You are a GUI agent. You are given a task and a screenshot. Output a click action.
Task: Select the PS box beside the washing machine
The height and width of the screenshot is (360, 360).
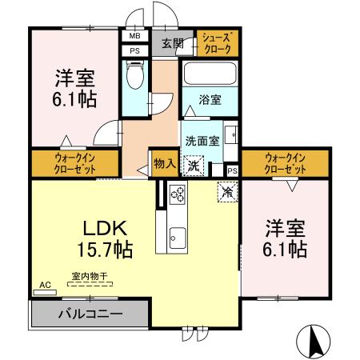pyautogui.click(x=231, y=170)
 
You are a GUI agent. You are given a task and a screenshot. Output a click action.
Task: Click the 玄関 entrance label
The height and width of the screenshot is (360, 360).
pyautogui.click(x=170, y=43)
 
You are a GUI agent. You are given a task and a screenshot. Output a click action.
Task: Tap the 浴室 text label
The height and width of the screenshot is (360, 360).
pyautogui.click(x=210, y=101)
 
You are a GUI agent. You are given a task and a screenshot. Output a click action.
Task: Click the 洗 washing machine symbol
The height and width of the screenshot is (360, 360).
pyautogui.click(x=194, y=166)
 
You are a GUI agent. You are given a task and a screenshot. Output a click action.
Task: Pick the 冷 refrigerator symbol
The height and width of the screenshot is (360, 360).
pyautogui.click(x=227, y=192)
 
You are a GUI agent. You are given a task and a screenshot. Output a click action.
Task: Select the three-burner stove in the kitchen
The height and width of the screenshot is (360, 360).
pyautogui.click(x=177, y=194)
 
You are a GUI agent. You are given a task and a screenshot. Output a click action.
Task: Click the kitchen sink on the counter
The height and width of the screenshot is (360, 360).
pyautogui.click(x=177, y=237)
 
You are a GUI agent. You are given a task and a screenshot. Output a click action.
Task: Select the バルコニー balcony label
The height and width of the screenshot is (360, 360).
pyautogui.click(x=90, y=314)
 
